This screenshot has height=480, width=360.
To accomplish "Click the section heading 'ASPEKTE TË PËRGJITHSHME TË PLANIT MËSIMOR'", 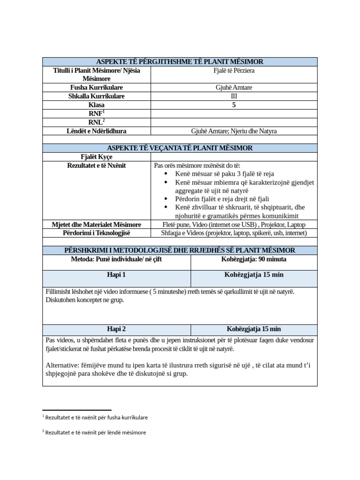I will [180, 62].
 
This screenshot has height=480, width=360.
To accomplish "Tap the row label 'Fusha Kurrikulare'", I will [97, 88].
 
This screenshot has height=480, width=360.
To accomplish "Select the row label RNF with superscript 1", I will [97, 113].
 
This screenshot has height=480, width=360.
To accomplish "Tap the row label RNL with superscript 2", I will [97, 122].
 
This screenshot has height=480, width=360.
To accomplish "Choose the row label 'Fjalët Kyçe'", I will [97, 157].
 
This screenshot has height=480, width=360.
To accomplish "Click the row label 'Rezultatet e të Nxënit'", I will [97, 165].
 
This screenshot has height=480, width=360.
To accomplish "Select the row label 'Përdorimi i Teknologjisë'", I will [97, 233].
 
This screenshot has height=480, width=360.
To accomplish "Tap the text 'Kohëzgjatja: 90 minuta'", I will [254, 259].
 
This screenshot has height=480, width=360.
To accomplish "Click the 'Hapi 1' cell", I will [117, 275].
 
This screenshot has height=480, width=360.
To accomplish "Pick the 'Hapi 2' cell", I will [117, 329].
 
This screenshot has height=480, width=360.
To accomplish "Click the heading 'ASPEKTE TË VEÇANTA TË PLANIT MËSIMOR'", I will [180, 148].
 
